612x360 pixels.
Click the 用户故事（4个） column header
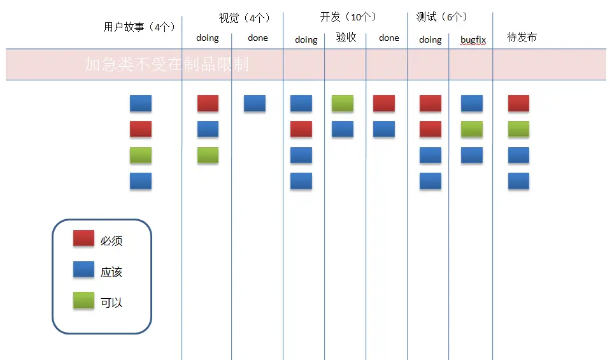click(x=139, y=27)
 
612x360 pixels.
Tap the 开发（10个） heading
click(x=348, y=17)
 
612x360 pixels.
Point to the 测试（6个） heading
click(x=441, y=17)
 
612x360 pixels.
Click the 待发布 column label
click(x=522, y=38)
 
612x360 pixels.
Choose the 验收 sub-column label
click(x=346, y=38)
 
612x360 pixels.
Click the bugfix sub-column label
click(x=473, y=40)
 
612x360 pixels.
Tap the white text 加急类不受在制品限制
click(x=166, y=64)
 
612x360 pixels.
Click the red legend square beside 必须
click(x=83, y=238)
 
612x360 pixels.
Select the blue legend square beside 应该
click(x=83, y=270)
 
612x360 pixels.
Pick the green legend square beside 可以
click(x=83, y=300)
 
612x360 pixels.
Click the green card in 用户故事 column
click(x=141, y=155)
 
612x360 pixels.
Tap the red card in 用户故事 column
click(x=141, y=129)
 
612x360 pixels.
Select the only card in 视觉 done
click(x=255, y=103)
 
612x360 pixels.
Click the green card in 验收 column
click(x=343, y=103)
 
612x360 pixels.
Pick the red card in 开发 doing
click(x=301, y=129)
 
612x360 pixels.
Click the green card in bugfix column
click(x=472, y=129)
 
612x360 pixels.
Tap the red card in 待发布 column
click(x=518, y=103)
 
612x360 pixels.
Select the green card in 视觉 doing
click(x=208, y=155)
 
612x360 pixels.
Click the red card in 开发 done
click(x=384, y=103)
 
